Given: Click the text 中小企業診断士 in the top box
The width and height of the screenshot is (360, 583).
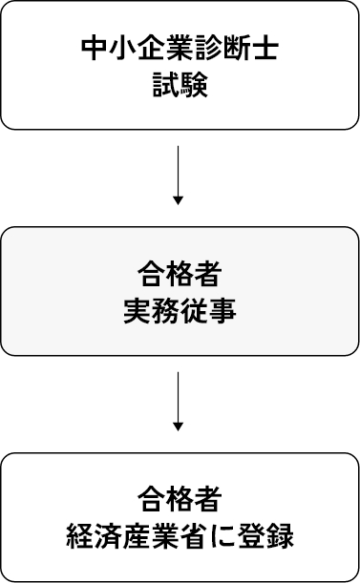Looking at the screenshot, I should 180,50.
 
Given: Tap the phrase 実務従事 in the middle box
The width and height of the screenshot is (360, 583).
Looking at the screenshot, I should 180,311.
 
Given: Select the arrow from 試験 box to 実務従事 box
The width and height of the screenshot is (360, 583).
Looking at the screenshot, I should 179,174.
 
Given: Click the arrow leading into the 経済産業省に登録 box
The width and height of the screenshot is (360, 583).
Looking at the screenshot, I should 179,401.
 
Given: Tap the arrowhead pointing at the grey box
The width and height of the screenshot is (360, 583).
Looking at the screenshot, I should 179,198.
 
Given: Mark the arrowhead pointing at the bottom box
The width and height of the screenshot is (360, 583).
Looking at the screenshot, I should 179,425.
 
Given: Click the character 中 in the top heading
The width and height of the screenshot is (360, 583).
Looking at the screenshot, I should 95,50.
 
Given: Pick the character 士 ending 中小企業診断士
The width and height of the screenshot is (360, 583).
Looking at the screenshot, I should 265,50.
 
